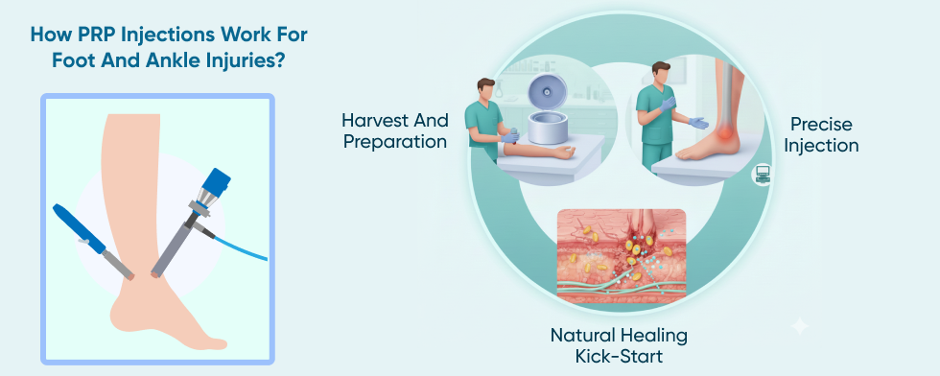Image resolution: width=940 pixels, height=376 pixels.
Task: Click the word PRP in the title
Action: click(97, 35)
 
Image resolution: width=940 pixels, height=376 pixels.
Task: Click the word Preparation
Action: click(395, 142)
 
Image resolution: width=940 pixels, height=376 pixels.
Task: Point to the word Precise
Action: click(821, 124)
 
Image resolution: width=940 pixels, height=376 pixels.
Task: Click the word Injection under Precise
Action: click(821, 146)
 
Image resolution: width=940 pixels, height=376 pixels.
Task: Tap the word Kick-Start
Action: click(619, 356)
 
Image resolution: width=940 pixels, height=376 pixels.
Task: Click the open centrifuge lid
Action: click(548, 93)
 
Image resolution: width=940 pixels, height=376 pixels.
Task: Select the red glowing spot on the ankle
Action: click(724, 130)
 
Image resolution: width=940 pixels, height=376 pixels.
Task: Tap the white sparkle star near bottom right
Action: click(800, 327)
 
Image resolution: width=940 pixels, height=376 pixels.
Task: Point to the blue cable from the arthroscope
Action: click(241, 247)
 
